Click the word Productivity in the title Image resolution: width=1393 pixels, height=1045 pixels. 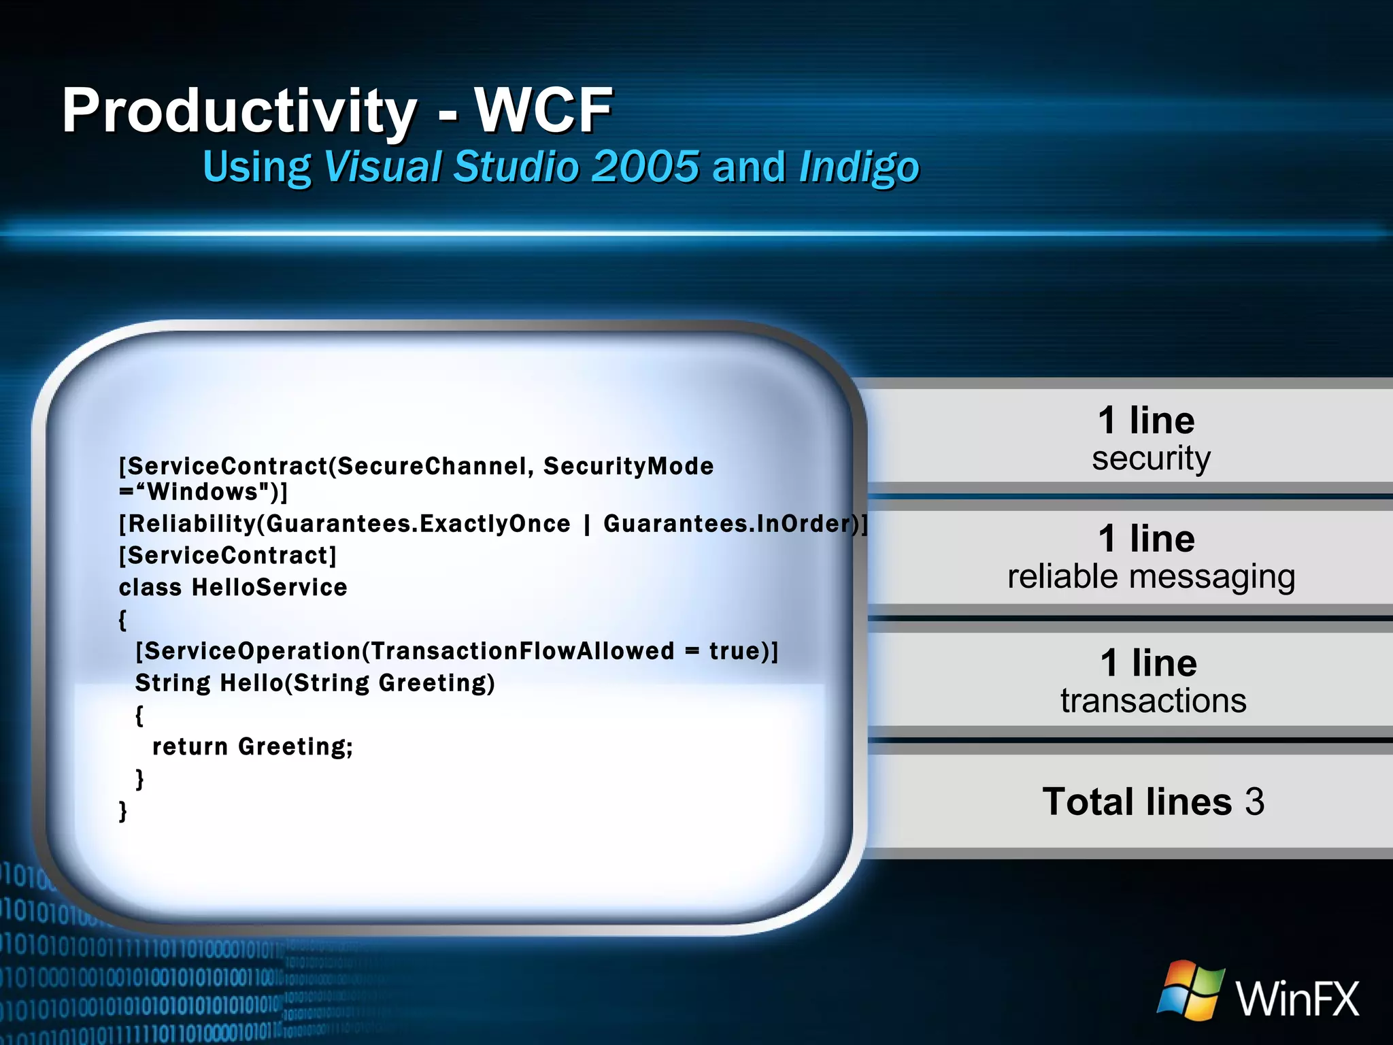[238, 111]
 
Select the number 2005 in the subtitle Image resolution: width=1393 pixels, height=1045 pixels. [645, 167]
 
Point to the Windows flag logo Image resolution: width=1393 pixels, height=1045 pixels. [1190, 991]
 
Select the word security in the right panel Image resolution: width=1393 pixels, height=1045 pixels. [1151, 458]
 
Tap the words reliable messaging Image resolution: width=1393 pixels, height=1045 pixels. [1151, 577]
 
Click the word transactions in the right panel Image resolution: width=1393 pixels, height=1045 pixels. [1153, 701]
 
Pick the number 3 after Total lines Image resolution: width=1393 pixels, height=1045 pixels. [1254, 801]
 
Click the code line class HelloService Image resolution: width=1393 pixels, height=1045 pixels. [233, 587]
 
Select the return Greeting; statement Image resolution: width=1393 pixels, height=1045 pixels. [252, 746]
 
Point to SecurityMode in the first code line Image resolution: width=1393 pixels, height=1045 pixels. [628, 466]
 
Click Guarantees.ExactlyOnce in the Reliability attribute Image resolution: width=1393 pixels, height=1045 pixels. [418, 523]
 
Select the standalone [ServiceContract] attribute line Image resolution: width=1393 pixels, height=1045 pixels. [228, 555]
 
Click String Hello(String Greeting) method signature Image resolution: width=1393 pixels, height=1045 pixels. [315, 682]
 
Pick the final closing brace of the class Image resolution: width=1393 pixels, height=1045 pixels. [123, 810]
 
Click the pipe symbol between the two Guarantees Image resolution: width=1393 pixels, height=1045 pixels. [586, 524]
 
